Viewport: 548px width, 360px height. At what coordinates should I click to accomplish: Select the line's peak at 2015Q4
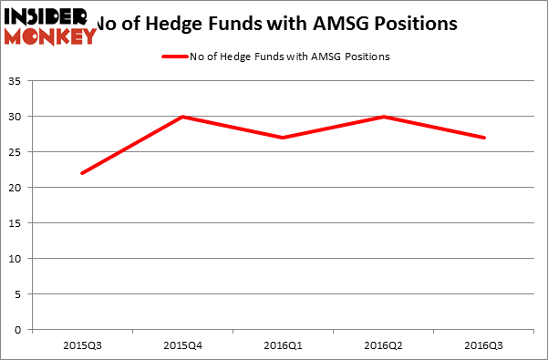pyautogui.click(x=182, y=117)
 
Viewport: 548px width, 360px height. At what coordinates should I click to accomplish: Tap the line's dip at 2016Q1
pyautogui.click(x=284, y=138)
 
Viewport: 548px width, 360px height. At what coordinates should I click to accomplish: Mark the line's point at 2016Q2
pyautogui.click(x=385, y=117)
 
